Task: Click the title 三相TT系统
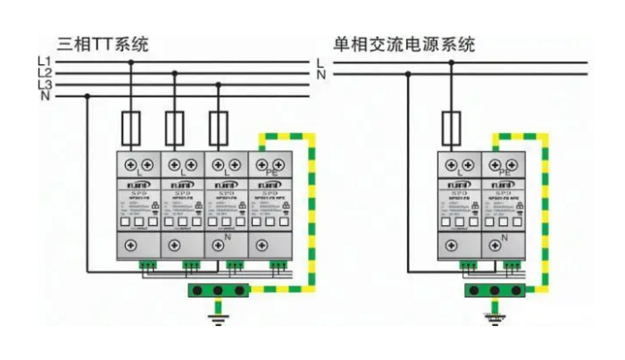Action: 103,42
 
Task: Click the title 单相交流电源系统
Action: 404,42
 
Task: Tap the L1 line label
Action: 44,62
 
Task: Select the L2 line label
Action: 44,73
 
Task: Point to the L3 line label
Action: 44,85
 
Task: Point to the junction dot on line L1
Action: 134,63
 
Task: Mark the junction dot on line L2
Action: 176,74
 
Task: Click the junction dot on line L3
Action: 217,86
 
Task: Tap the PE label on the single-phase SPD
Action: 504,172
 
